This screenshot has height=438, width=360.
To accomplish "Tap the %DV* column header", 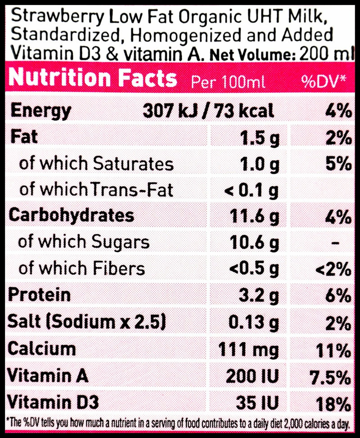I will [x=324, y=81].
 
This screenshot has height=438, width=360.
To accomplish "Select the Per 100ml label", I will [x=228, y=82].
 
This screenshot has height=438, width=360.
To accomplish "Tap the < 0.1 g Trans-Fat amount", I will [x=252, y=191].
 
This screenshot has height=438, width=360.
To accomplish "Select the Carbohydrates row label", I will [x=72, y=215].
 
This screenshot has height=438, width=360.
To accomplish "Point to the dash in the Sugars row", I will [x=334, y=243].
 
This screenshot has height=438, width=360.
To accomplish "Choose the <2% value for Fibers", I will [x=333, y=269].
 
